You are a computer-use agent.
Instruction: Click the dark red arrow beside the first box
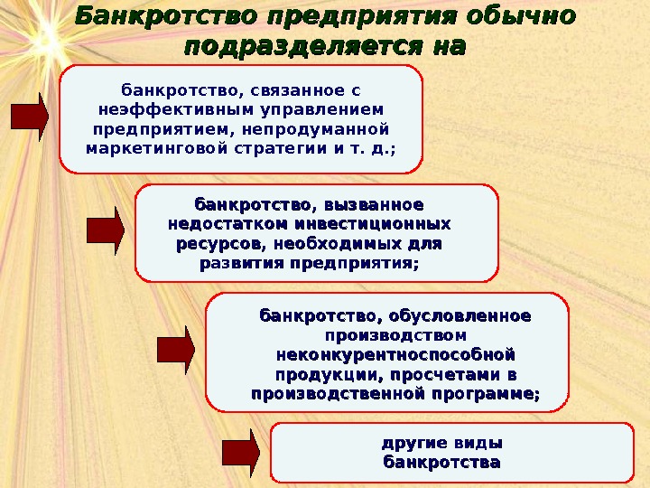point(29,117)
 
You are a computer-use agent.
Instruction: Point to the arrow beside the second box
point(105,230)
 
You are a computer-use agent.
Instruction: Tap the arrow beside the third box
point(176,351)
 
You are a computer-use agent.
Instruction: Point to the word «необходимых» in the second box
point(352,244)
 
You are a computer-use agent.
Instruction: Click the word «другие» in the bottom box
point(411,444)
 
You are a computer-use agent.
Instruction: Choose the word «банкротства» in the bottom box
point(441,463)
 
